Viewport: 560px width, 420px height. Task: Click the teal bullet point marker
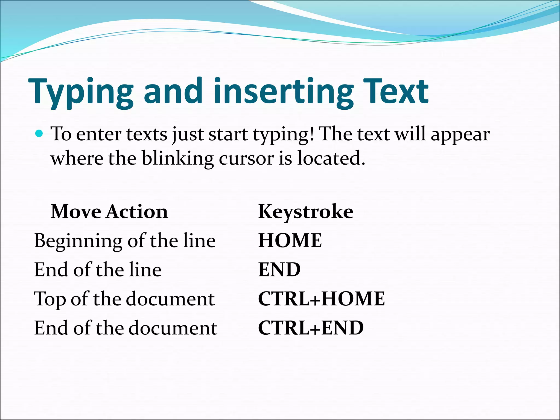(39, 134)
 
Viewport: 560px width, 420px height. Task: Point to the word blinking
(177, 159)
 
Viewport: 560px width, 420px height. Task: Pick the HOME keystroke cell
(290, 240)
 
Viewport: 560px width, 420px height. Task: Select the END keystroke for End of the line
(279, 269)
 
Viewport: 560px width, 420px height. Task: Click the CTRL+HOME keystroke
(321, 298)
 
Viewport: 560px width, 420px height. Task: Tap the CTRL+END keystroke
(311, 328)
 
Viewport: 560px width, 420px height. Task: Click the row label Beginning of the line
(125, 241)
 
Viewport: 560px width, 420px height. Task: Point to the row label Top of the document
(124, 299)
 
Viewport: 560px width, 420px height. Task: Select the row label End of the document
(126, 328)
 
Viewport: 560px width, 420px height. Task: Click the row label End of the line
(98, 270)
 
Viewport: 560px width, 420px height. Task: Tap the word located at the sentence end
(331, 159)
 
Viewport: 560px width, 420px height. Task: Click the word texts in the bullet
(147, 135)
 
